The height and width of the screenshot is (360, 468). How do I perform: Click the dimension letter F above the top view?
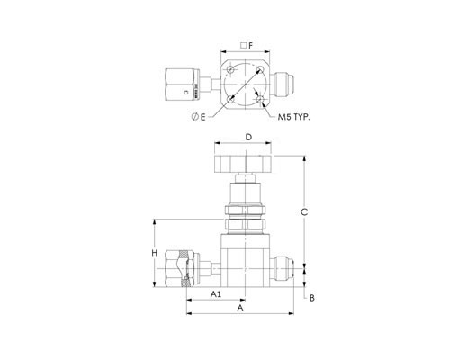point(251,46)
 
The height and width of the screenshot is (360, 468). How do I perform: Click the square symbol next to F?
point(244,46)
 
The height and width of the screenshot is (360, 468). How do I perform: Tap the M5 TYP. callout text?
point(293,117)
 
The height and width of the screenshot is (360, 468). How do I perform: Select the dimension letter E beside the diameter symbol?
point(202,117)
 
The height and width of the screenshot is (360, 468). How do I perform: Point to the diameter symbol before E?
point(195,117)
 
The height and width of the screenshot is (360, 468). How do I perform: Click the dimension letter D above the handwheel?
point(248,137)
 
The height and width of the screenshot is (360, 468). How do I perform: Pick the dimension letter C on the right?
point(304,212)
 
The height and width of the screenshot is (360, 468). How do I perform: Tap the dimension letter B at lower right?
point(312,298)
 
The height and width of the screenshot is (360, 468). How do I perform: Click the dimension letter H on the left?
point(154,253)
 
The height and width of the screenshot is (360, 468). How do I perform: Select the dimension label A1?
point(215,294)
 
